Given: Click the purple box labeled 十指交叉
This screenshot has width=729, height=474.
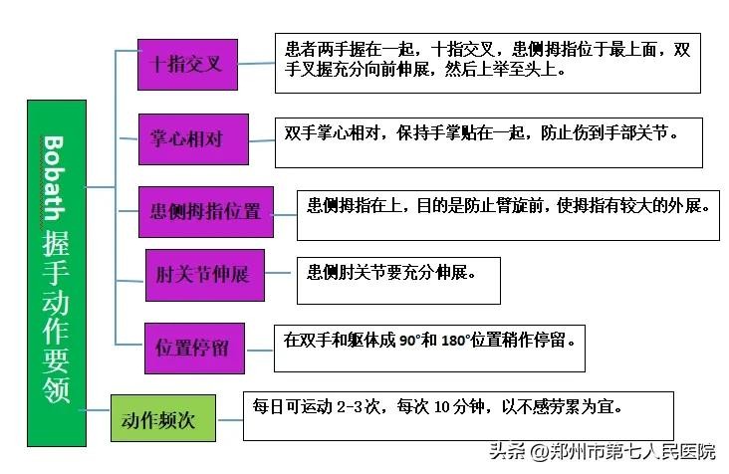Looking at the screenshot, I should (192, 65).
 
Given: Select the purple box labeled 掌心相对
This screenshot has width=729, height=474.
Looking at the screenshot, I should (192, 139).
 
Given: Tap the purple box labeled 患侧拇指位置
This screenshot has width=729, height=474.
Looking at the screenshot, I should (204, 210).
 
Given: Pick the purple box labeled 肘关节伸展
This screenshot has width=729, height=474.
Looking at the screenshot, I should (204, 275).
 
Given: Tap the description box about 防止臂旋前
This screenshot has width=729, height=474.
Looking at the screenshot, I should (508, 213).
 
